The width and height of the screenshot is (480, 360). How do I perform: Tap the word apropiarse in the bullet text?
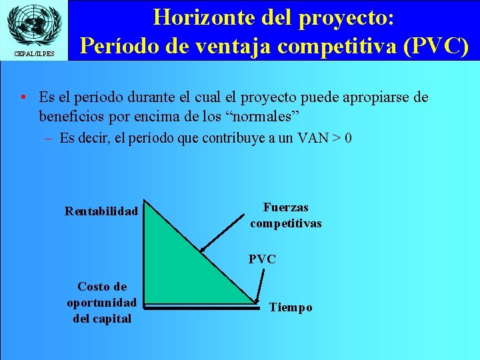[376, 98]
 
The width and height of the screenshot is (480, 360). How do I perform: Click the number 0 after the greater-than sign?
[348, 139]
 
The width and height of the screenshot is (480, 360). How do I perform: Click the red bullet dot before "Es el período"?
[23, 98]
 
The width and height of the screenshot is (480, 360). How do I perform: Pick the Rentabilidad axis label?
[101, 211]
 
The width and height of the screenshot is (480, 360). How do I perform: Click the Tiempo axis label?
[291, 307]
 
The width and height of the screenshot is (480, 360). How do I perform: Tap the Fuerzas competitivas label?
[285, 216]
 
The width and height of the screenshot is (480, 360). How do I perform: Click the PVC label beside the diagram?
[262, 259]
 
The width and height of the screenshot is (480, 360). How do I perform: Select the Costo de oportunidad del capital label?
[101, 303]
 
